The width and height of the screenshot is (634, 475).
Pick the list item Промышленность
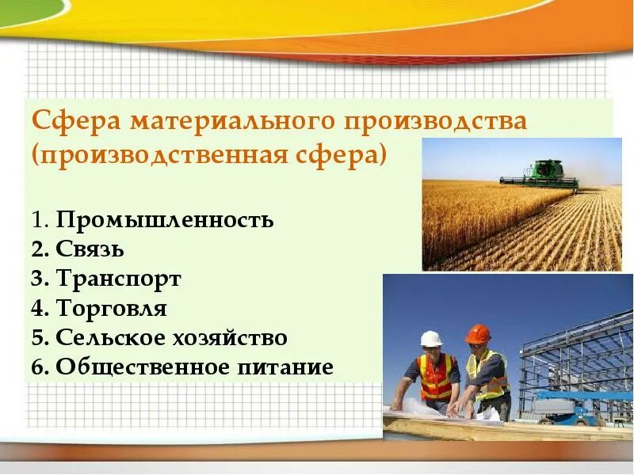tap(165, 219)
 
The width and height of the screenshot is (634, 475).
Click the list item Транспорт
tap(119, 279)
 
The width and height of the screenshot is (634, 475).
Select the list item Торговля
tap(112, 308)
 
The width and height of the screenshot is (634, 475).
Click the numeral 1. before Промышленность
tap(40, 219)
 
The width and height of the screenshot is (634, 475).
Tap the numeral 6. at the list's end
tap(40, 367)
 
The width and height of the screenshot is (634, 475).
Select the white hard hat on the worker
tap(431, 338)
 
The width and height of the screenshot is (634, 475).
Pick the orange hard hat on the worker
tap(477, 333)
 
